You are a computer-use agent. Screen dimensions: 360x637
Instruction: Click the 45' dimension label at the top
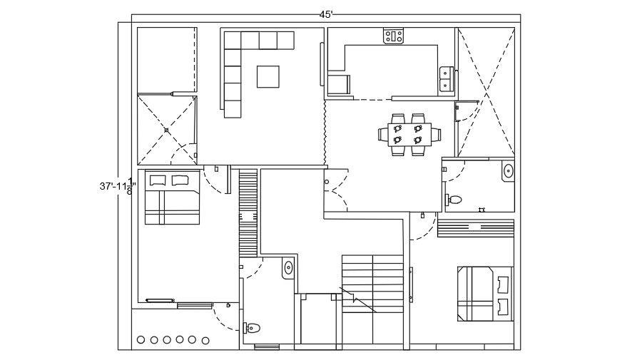click(x=326, y=14)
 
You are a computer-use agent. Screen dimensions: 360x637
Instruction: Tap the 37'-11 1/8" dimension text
click(x=116, y=186)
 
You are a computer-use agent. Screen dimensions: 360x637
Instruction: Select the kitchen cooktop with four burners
click(x=394, y=36)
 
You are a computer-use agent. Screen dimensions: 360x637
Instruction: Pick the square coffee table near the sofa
click(x=268, y=76)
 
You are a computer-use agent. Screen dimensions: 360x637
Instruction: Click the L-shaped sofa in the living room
click(x=243, y=64)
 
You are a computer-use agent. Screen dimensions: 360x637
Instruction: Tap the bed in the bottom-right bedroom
click(x=485, y=292)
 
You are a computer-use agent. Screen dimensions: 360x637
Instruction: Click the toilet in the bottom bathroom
click(x=251, y=328)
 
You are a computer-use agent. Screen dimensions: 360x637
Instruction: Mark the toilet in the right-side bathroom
click(x=454, y=199)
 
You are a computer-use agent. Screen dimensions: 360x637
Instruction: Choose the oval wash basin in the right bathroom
click(x=507, y=171)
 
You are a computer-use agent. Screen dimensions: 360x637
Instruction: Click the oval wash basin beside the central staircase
click(x=288, y=268)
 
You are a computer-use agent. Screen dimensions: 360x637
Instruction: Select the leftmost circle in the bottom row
click(x=141, y=340)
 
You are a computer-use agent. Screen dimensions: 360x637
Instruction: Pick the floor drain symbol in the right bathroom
click(x=481, y=209)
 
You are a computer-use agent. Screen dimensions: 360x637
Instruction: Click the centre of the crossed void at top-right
click(x=486, y=92)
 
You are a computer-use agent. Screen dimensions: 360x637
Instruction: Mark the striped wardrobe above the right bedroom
click(x=475, y=228)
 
